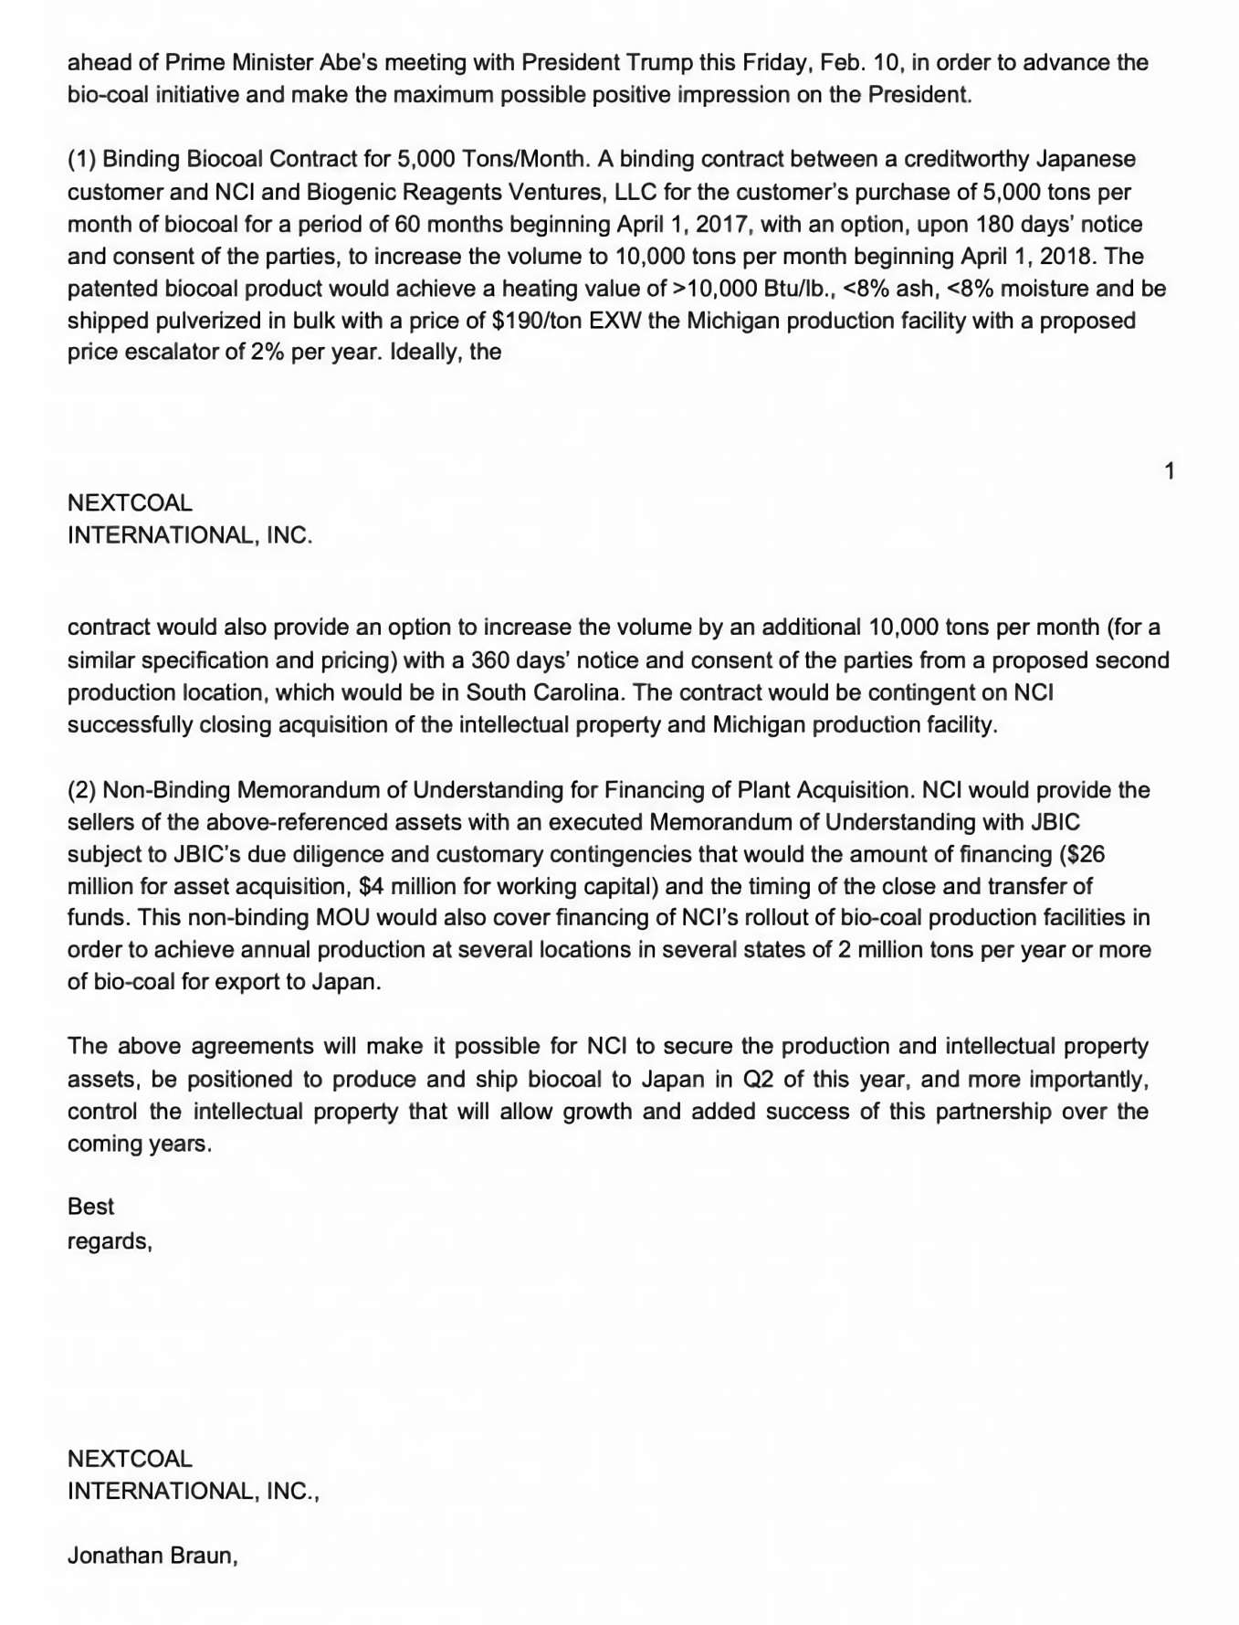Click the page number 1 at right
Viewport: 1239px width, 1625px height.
tap(1170, 471)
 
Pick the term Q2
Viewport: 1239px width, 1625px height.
tap(758, 1079)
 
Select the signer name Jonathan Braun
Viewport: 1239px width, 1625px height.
tap(152, 1556)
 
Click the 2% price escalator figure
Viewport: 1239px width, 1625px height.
tap(266, 352)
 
